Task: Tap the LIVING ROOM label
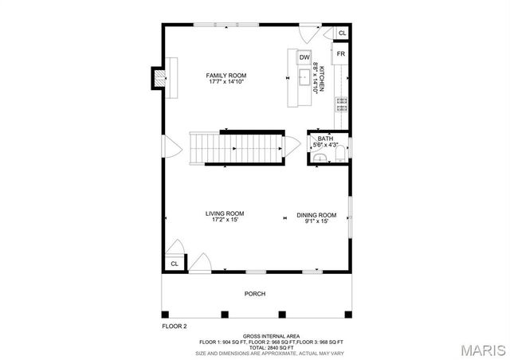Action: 225,213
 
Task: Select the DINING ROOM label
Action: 316,214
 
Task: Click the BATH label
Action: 325,139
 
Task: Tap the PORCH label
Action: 254,294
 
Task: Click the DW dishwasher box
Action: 304,57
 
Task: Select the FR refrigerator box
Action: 340,54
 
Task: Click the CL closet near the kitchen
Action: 342,33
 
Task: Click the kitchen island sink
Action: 304,77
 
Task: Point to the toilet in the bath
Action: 320,158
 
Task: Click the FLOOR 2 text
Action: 174,327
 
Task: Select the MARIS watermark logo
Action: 476,350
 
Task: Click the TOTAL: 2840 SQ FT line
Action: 255,347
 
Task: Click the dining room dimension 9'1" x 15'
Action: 316,221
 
